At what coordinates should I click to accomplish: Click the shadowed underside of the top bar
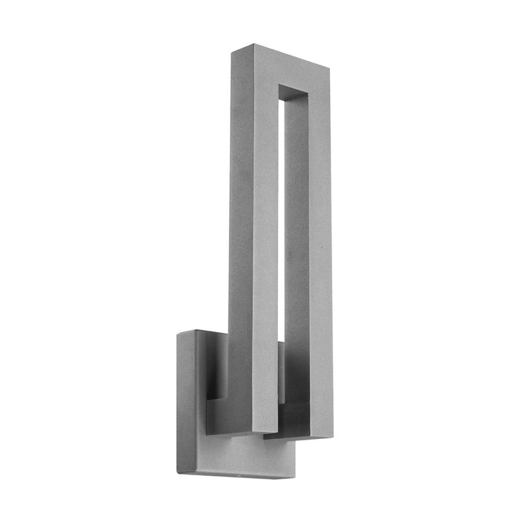294,94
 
